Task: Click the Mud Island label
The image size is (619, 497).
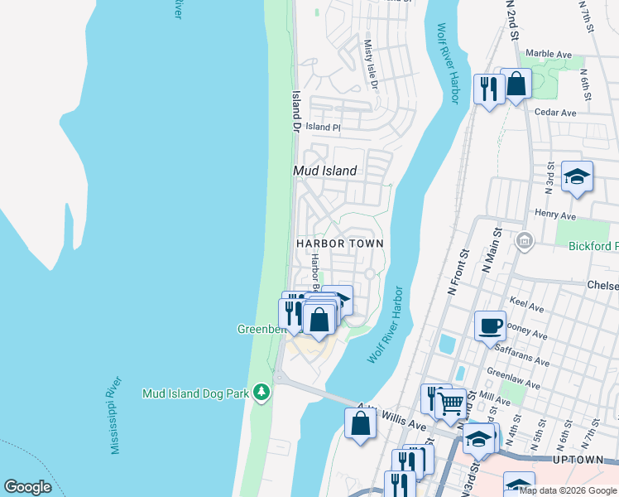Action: point(325,171)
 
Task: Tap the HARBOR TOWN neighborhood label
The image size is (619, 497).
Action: point(340,244)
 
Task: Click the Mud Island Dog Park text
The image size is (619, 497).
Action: point(196,393)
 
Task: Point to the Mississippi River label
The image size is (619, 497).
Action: point(117,414)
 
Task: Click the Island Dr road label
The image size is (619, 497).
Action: point(295,112)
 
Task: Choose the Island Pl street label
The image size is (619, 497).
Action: point(323,127)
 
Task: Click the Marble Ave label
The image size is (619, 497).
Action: point(549,54)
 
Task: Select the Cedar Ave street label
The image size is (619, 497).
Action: point(554,113)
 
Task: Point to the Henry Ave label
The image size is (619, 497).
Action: point(555,214)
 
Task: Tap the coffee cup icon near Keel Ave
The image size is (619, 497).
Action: point(490,325)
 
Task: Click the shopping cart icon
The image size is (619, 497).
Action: point(451,404)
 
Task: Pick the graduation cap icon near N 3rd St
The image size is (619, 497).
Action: point(577,176)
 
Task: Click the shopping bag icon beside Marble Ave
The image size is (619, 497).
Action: point(516,84)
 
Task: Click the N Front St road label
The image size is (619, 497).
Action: point(458,274)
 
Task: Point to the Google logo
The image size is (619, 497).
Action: point(27,487)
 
